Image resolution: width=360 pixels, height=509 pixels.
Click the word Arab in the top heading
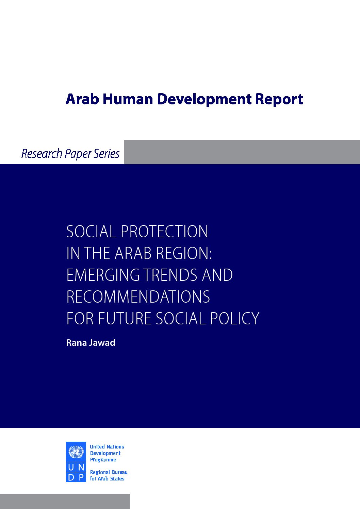tap(82, 99)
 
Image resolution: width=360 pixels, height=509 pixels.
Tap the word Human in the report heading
tap(128, 99)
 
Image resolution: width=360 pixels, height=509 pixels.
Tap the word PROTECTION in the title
tap(164, 232)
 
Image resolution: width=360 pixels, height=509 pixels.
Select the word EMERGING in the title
tap(103, 275)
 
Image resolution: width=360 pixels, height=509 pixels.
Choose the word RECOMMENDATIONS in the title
tap(138, 296)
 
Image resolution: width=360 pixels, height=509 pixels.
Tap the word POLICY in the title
tap(234, 318)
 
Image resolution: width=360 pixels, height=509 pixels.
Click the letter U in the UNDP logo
tap(71, 468)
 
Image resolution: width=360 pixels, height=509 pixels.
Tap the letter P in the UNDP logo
tap(81, 478)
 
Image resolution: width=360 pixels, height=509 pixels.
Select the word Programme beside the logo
tap(103, 460)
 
